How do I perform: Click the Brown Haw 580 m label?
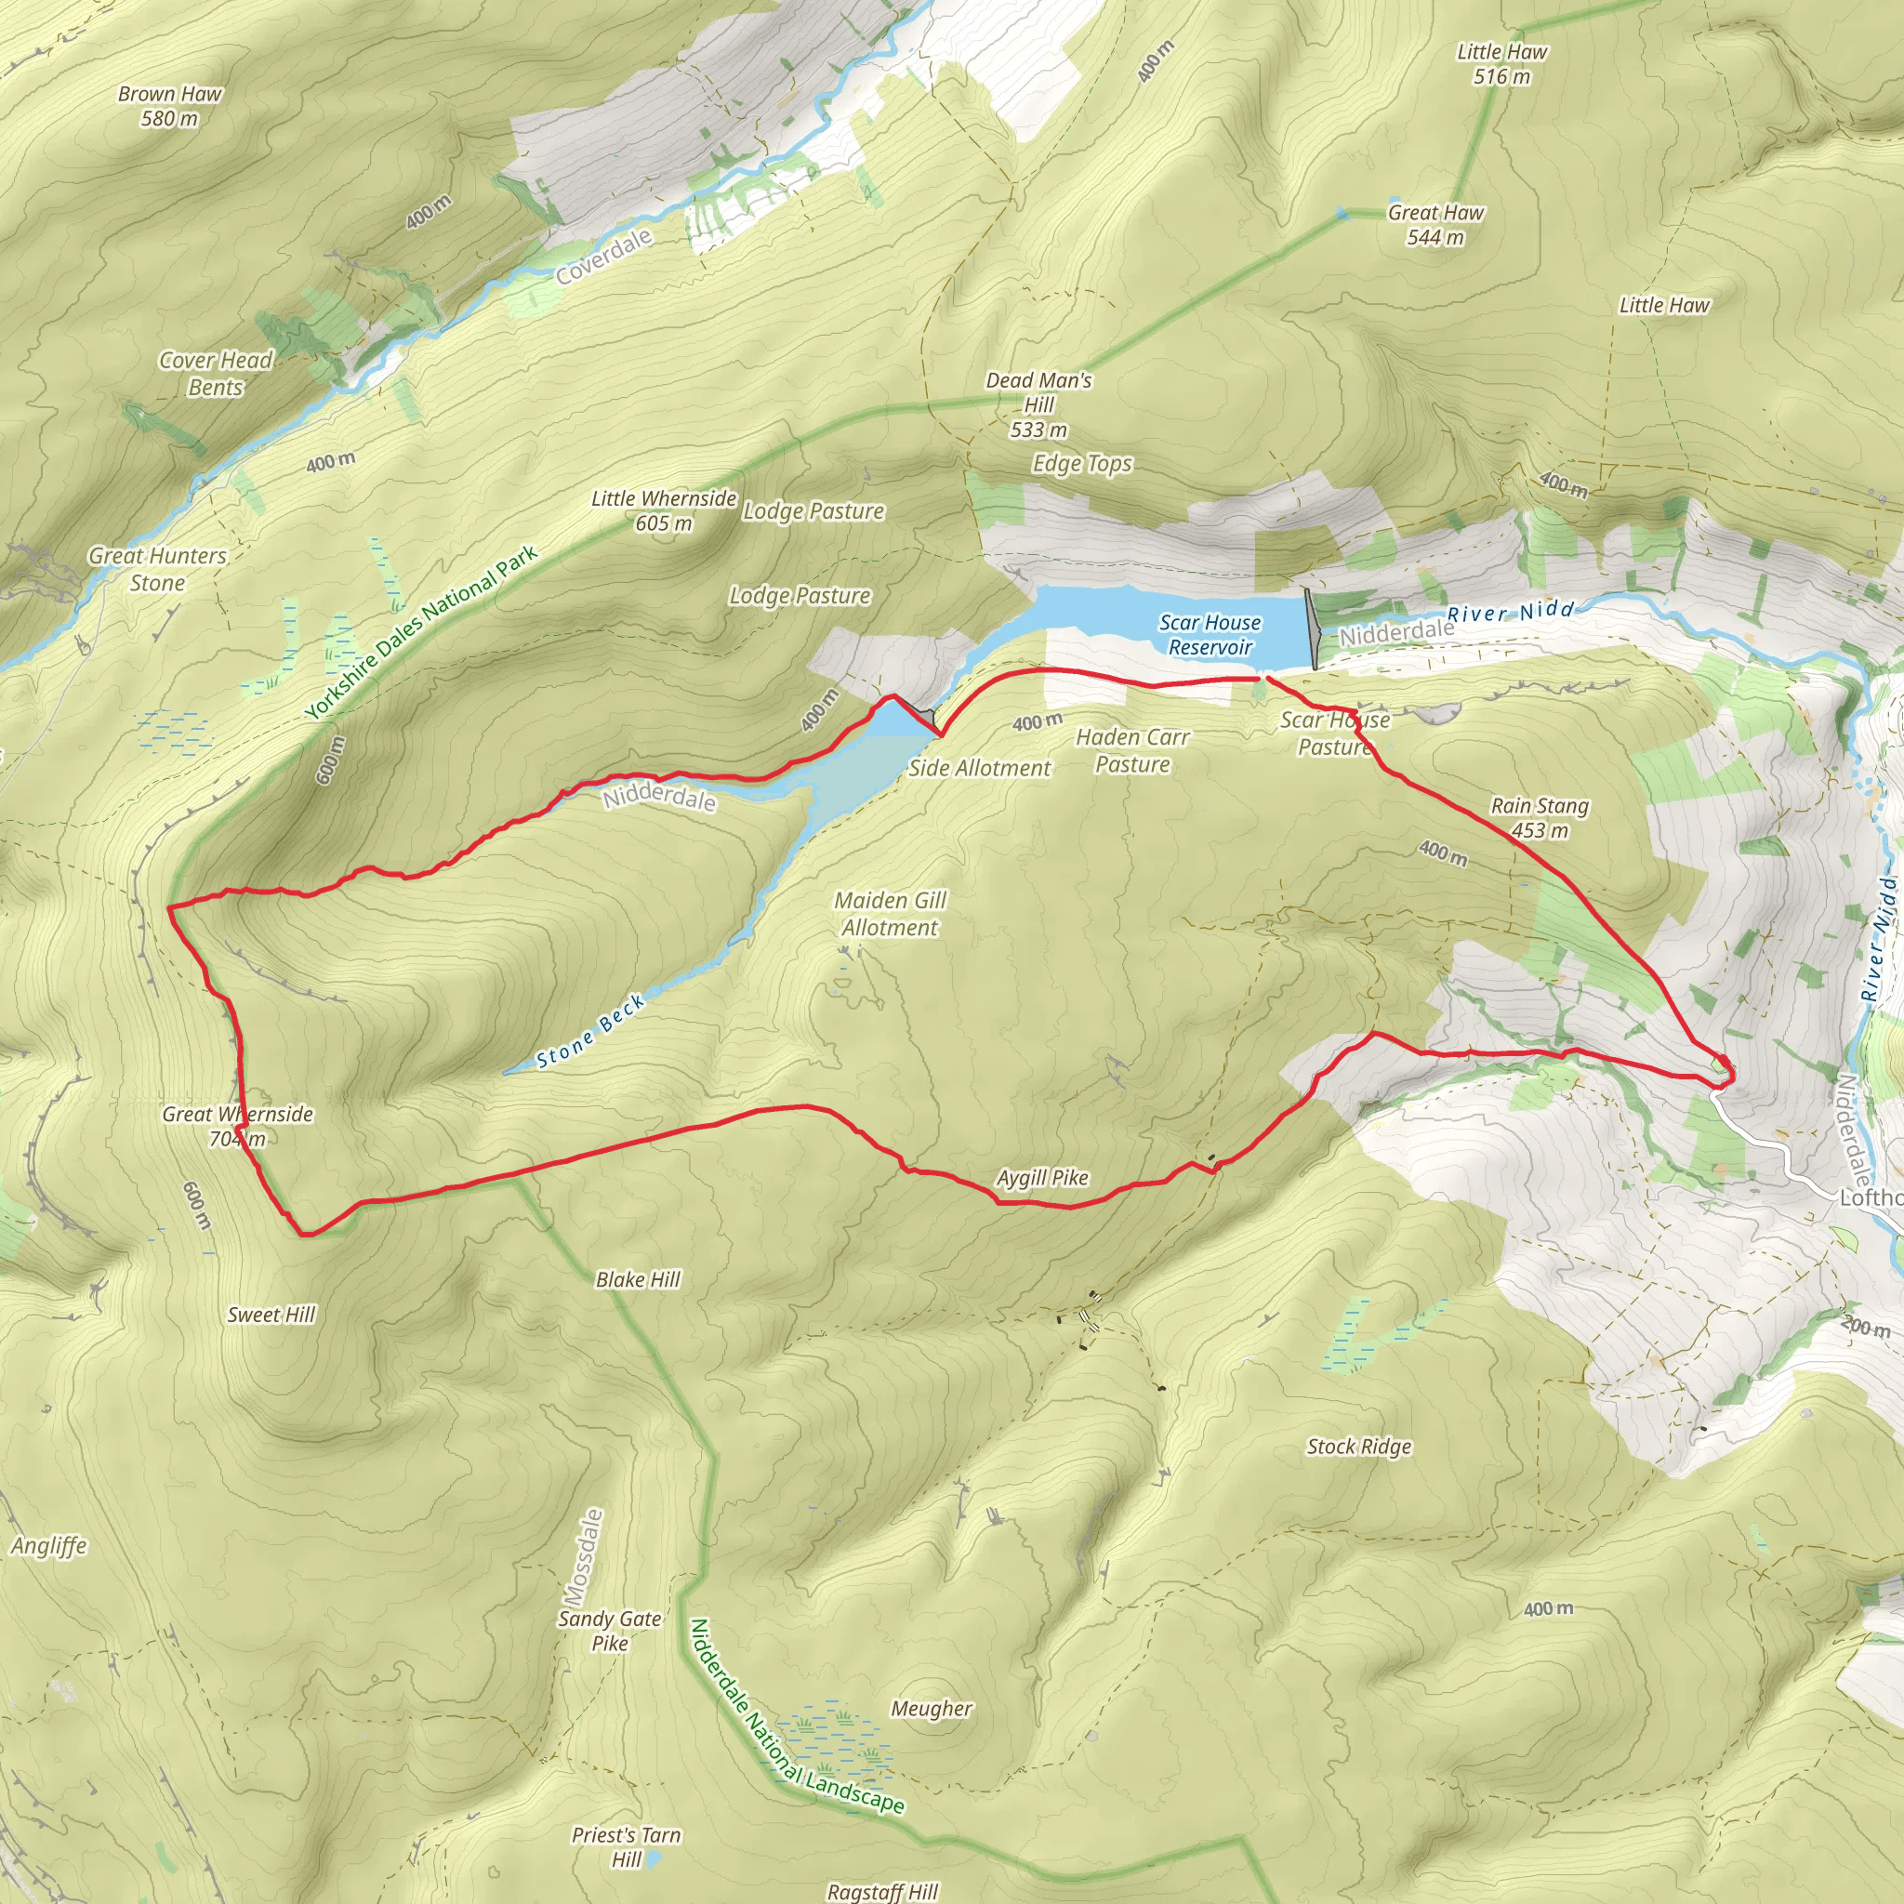click(x=169, y=106)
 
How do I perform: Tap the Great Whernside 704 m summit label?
click(x=237, y=1127)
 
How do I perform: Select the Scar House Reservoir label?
click(x=1210, y=635)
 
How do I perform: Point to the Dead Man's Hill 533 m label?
click(x=1038, y=404)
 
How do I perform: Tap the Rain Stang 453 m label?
click(x=1540, y=818)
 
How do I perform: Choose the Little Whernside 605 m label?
click(x=663, y=510)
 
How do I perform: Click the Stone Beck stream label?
click(x=590, y=1032)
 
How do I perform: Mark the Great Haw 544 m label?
click(x=1435, y=225)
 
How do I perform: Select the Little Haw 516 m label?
click(x=1502, y=63)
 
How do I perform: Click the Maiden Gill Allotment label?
click(x=889, y=914)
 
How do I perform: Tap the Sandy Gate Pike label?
click(x=609, y=1630)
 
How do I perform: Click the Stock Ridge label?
click(x=1359, y=1446)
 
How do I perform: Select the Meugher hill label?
click(x=932, y=1708)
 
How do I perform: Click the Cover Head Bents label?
click(x=216, y=374)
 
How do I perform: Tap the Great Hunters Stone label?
click(x=158, y=569)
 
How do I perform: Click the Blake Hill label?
click(x=638, y=1279)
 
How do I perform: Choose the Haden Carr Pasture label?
click(x=1132, y=750)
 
